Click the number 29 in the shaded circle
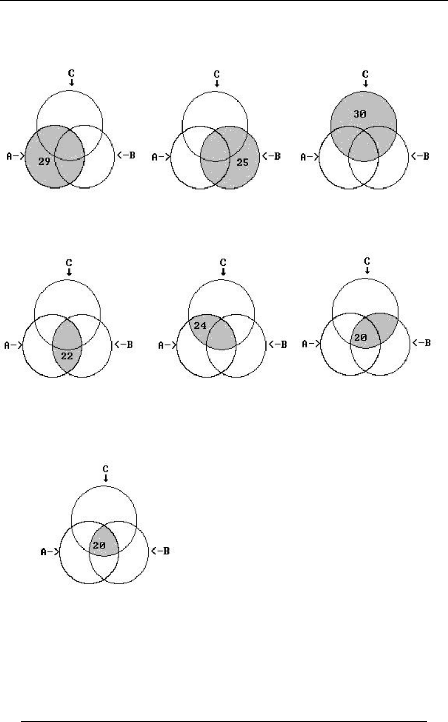point(44,162)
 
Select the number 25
point(243,162)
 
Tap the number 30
point(360,114)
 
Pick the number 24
point(200,326)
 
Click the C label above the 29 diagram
point(71,74)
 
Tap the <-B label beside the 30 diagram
point(421,155)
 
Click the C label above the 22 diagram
point(68,262)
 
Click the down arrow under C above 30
point(366,83)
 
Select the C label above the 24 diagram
point(222,262)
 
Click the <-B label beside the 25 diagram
point(271,155)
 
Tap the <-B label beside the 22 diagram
point(123,344)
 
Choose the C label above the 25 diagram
point(216,74)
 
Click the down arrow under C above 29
point(72,83)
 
